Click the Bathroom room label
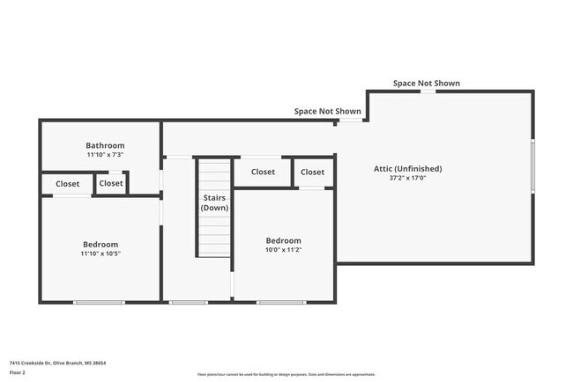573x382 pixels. coord(105,145)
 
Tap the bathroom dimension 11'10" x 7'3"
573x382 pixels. coord(105,155)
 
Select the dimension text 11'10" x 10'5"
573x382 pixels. coord(100,253)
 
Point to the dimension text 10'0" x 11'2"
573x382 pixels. coord(284,250)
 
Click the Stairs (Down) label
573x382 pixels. coord(214,203)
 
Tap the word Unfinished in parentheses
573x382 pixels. coord(419,168)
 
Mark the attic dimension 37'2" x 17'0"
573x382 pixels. coord(407,178)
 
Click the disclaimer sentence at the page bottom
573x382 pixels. coord(286,373)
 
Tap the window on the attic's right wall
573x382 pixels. coord(532,165)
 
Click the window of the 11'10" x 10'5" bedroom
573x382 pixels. coord(99,303)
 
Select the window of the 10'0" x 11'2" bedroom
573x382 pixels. coord(281,303)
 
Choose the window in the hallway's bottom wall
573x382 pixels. coord(188,303)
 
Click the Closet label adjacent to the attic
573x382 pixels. coord(312,172)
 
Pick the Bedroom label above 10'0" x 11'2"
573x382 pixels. coord(284,240)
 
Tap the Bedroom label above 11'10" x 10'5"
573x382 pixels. coord(100,244)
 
